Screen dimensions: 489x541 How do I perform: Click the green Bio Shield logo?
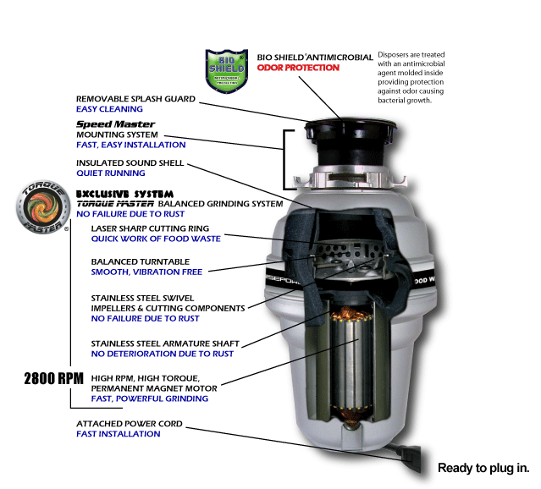click(x=225, y=71)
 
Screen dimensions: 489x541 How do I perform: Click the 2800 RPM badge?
click(x=53, y=378)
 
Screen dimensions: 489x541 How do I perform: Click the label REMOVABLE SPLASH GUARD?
click(x=135, y=99)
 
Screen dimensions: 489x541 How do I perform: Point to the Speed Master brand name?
click(x=103, y=124)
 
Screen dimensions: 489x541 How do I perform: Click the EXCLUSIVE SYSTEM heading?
click(x=125, y=194)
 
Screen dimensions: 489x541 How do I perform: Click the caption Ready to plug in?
click(x=483, y=468)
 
